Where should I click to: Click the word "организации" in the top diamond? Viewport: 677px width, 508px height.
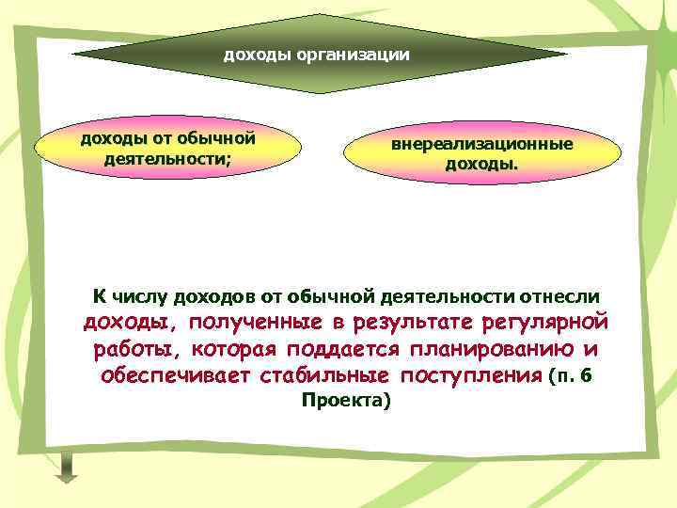pyautogui.click(x=353, y=55)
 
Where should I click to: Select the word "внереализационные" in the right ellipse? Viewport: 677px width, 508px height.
pyautogui.click(x=481, y=145)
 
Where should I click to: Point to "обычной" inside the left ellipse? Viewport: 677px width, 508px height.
pyautogui.click(x=217, y=138)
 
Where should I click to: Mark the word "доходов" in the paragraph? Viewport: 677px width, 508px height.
pyautogui.click(x=216, y=296)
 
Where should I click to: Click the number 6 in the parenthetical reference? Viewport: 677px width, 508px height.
pyautogui.click(x=587, y=376)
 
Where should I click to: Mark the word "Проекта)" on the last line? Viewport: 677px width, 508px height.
pyautogui.click(x=344, y=400)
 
